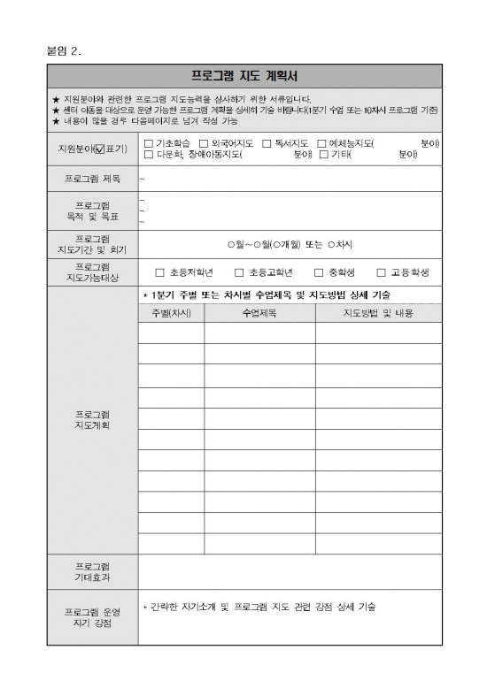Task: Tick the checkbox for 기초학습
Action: pos(148,143)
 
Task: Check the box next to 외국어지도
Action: pos(204,143)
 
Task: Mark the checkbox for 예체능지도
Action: pos(321,143)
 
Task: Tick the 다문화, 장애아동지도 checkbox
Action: pos(148,154)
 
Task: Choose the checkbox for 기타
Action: pos(324,154)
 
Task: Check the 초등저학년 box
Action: pos(160,273)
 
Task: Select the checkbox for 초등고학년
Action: pos(239,273)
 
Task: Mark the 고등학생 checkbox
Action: pos(382,273)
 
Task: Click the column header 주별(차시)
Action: pos(171,313)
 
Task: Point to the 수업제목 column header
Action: pos(259,313)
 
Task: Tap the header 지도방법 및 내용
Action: pos(378,313)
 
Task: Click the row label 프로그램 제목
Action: pos(93,179)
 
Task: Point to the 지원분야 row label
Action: pos(93,149)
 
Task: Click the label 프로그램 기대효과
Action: pos(93,571)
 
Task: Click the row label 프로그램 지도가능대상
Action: pos(93,272)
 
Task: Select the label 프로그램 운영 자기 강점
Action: pos(93,617)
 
